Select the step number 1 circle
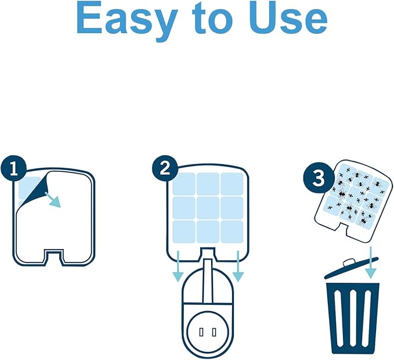[13, 168]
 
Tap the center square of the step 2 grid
[208, 207]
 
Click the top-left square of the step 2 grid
[184, 183]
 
